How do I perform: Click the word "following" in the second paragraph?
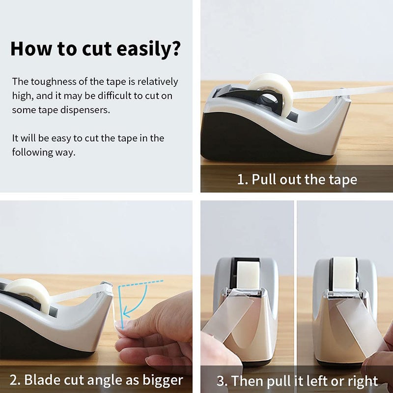(32, 153)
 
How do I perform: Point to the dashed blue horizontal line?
(141, 283)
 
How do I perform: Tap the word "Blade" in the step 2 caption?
(42, 380)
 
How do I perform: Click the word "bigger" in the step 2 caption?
(163, 380)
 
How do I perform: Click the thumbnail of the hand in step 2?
(118, 326)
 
